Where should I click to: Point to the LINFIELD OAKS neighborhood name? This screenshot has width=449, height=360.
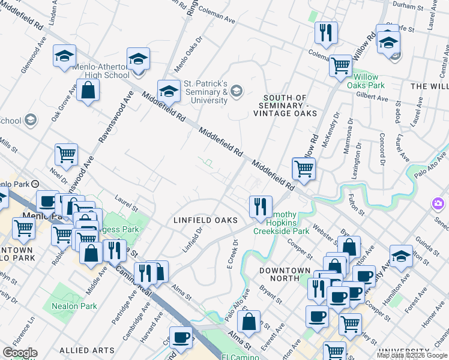click(x=206, y=220)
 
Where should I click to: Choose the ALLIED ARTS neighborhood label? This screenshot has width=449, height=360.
click(x=87, y=350)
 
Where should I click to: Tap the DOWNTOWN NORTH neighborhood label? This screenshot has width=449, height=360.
click(x=285, y=274)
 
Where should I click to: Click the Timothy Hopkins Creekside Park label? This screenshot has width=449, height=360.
click(x=281, y=226)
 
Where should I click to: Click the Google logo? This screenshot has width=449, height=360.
click(x=20, y=352)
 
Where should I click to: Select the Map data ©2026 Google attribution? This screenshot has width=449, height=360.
click(x=412, y=356)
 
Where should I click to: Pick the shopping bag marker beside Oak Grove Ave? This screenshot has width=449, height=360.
click(x=88, y=91)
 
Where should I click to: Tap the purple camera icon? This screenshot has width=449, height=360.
click(x=438, y=204)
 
